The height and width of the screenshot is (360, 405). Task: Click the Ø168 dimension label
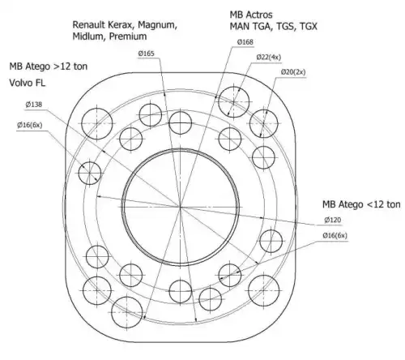coord(245,42)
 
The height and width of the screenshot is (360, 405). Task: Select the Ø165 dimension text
coord(147,54)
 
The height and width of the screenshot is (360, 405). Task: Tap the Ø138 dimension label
coord(34,105)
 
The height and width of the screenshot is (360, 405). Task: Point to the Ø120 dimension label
coord(333,220)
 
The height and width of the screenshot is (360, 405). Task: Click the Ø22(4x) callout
coord(269,58)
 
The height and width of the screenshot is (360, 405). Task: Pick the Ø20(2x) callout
coord(293,72)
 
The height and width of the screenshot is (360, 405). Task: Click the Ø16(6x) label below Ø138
coord(30,125)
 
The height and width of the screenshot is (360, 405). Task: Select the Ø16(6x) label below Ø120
coord(335,235)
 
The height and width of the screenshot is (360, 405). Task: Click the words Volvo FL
coord(28,83)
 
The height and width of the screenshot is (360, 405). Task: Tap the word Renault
coord(89,24)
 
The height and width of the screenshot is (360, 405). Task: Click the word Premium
coord(128,36)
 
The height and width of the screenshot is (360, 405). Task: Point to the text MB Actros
coord(251,15)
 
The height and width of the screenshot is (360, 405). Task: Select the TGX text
coord(309,27)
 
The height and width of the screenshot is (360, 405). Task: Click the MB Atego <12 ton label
coord(361,204)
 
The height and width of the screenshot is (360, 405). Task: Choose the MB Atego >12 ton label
coord(49,66)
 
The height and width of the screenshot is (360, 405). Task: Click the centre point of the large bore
coord(180,207)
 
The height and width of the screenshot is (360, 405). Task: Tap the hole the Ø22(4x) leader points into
coord(233,102)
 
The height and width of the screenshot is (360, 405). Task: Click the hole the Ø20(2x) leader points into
coord(263,123)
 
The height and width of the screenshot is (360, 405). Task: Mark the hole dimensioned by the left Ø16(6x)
coord(90,174)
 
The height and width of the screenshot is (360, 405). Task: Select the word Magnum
coord(158,25)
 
